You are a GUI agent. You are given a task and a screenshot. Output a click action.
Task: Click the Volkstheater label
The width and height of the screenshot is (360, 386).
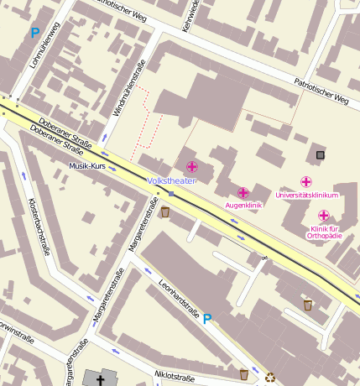tap(171, 180)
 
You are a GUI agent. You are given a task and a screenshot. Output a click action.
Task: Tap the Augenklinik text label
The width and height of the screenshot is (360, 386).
tap(245, 206)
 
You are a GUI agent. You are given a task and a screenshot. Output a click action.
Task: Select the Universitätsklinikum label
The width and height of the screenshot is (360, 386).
tap(306, 196)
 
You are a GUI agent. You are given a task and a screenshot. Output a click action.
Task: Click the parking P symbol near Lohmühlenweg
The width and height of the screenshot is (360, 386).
tap(34, 33)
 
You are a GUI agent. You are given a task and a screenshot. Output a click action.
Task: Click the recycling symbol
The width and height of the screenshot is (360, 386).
tap(270, 378)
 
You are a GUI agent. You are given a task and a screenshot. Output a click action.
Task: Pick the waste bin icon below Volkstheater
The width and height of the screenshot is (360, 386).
tap(165, 212)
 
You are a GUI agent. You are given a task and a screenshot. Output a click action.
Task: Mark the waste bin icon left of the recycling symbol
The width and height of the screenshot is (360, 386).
tap(243, 373)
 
